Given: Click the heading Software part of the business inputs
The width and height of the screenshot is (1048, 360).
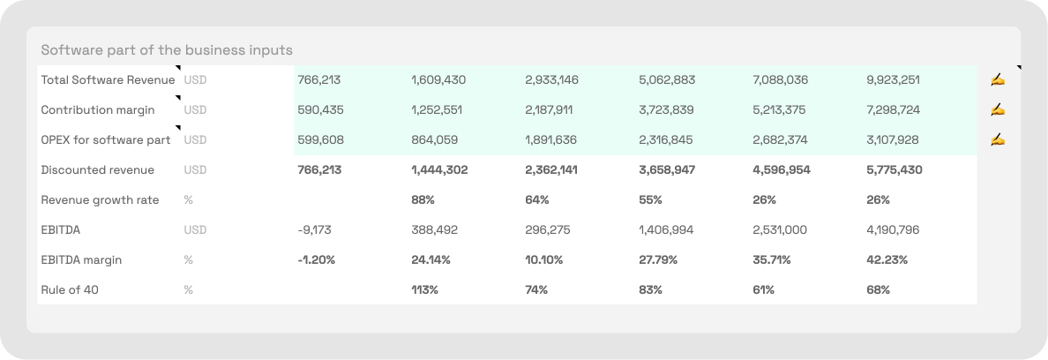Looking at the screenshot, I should (167, 49).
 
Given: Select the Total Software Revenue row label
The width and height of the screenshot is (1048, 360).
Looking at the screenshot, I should (108, 80).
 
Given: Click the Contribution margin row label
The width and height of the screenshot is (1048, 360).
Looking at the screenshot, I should (98, 110).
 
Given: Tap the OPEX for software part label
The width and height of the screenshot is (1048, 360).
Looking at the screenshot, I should (106, 140).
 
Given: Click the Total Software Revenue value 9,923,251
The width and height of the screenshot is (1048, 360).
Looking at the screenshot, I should (893, 80).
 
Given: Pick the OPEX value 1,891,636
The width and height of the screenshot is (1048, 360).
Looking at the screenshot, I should (551, 140).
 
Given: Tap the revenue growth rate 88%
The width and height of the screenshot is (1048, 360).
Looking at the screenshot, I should (423, 200).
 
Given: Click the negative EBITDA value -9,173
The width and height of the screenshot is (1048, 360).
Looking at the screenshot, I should (316, 230).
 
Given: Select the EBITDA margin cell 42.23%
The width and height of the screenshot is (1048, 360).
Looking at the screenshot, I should (887, 260).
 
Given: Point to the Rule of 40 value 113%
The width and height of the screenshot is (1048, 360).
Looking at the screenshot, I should (424, 289).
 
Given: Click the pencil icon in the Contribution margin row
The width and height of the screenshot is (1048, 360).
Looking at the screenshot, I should (998, 110).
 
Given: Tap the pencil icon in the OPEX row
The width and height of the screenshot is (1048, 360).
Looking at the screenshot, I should (998, 140).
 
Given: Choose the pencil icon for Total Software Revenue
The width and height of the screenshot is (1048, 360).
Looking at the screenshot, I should (998, 80).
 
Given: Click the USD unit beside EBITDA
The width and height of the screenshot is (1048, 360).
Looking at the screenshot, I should (195, 230).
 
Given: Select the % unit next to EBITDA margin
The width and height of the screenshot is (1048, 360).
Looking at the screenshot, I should (189, 260).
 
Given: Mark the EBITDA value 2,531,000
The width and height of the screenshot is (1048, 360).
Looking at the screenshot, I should (779, 230).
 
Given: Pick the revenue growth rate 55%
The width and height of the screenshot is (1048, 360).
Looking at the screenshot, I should (650, 200).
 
